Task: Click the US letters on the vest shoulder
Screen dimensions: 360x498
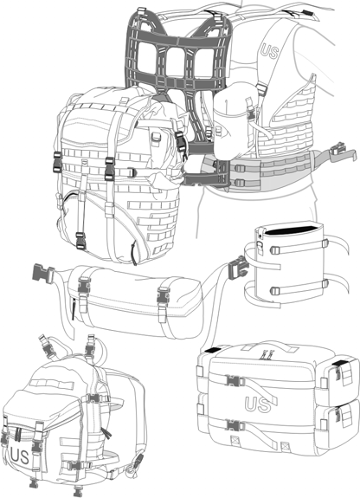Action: click(x=269, y=52)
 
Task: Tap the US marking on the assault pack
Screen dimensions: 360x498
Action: click(x=20, y=456)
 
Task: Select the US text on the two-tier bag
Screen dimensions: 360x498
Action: click(x=258, y=404)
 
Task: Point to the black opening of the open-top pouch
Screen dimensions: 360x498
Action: click(x=292, y=230)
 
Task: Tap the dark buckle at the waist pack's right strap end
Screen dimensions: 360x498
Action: click(x=237, y=268)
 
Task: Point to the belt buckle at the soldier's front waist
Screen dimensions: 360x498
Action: click(x=338, y=149)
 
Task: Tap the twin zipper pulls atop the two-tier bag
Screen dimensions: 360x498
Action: click(x=267, y=354)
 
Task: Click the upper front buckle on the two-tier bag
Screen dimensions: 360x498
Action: click(x=235, y=380)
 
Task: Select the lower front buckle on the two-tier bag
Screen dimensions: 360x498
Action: click(x=235, y=425)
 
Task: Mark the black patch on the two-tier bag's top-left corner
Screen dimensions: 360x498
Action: click(x=213, y=350)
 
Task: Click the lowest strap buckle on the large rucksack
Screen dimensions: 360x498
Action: click(x=80, y=241)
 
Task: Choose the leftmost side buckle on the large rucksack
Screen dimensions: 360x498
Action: click(x=57, y=162)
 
